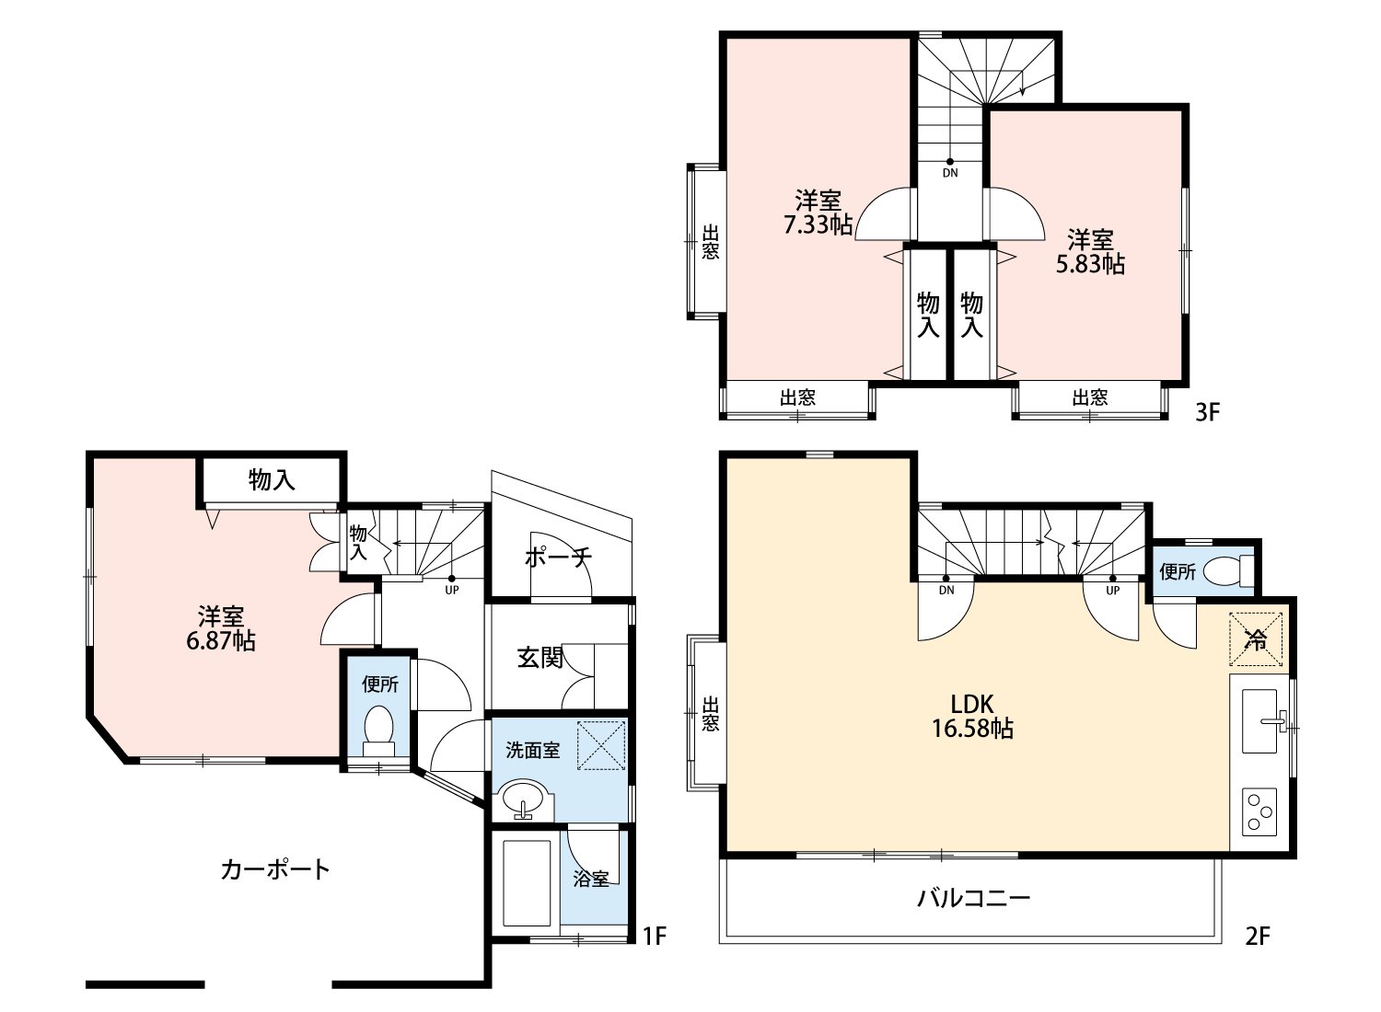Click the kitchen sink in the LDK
(1260, 721)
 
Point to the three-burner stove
(1259, 811)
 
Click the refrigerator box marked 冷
(1255, 639)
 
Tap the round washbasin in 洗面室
(523, 798)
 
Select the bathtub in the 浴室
(527, 882)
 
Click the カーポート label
(274, 869)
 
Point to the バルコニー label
(973, 898)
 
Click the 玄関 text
(539, 658)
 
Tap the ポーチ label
(557, 558)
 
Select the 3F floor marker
(1206, 413)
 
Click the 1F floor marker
(654, 937)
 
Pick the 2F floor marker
(1258, 937)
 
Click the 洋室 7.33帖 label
(818, 213)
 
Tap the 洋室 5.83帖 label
(1090, 252)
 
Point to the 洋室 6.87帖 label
(221, 628)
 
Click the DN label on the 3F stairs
(949, 172)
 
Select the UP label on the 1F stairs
(451, 590)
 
